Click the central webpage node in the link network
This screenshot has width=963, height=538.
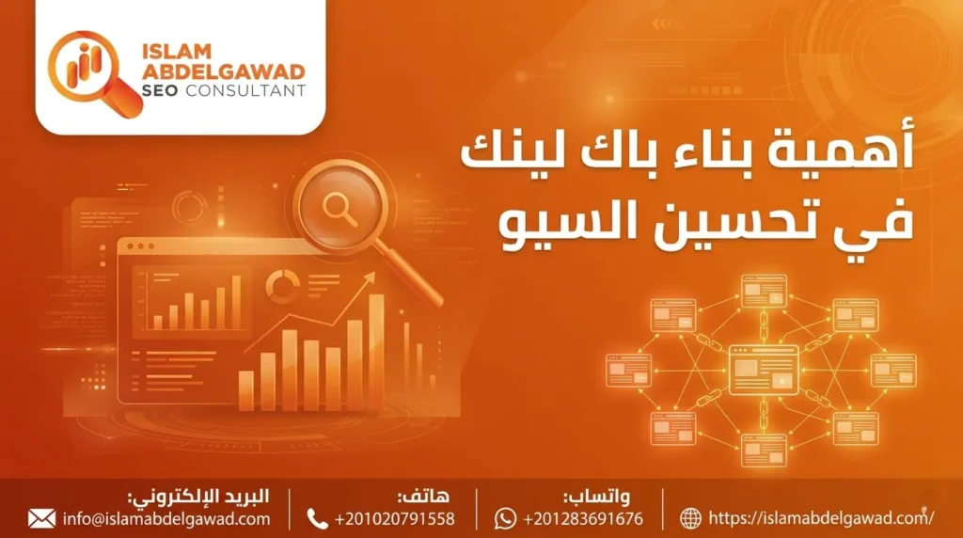763,369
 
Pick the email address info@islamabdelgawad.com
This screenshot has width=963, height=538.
167,518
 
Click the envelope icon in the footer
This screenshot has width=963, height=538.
41,518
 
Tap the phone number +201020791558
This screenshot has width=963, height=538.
394,518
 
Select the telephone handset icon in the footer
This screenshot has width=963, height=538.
318,518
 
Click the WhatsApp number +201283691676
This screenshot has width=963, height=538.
583,518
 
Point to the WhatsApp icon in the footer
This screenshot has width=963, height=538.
506,518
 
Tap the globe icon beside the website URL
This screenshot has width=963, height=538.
691,518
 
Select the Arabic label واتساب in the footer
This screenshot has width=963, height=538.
596,497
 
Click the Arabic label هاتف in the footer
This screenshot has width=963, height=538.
421,497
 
